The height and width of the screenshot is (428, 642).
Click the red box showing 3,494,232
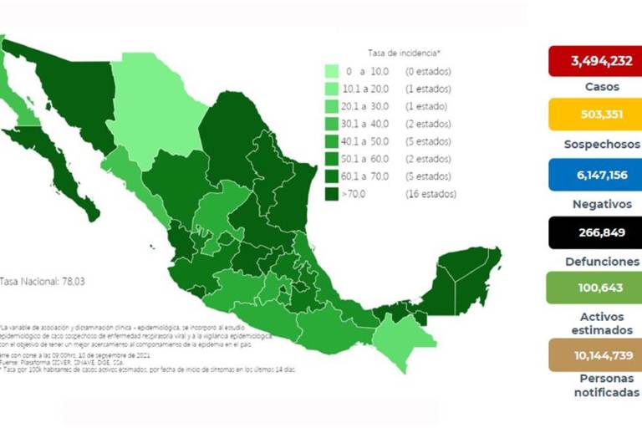(594, 61)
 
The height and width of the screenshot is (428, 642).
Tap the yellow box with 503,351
(594, 115)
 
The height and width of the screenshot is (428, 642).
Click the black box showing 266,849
(594, 232)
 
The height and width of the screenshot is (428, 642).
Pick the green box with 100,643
(594, 288)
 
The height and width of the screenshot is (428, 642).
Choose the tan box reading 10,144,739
(594, 354)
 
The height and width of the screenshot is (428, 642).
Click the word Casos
(594, 86)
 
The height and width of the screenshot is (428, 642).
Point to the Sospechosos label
(594, 143)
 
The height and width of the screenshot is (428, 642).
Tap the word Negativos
(594, 202)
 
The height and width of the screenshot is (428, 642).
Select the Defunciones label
(594, 261)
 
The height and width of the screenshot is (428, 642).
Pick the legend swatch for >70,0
(332, 194)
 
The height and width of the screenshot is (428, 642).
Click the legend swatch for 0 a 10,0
(332, 72)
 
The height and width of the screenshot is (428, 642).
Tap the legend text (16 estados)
(431, 194)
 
